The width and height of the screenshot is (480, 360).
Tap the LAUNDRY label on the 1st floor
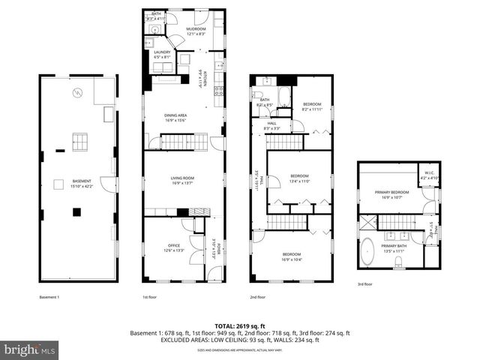click(x=163, y=52)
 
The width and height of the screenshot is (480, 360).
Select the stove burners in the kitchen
click(x=218, y=91)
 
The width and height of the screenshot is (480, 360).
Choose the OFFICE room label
click(x=174, y=245)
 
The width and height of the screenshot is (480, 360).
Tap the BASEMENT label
click(x=82, y=181)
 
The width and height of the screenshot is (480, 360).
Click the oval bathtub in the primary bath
click(x=369, y=252)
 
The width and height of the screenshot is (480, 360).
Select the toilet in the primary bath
click(x=400, y=261)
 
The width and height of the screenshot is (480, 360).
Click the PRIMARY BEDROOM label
click(x=394, y=193)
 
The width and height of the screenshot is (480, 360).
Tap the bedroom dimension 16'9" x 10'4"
click(x=293, y=259)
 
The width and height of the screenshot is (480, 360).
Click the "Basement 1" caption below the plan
click(x=49, y=297)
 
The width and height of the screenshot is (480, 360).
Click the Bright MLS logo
click(x=29, y=349)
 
